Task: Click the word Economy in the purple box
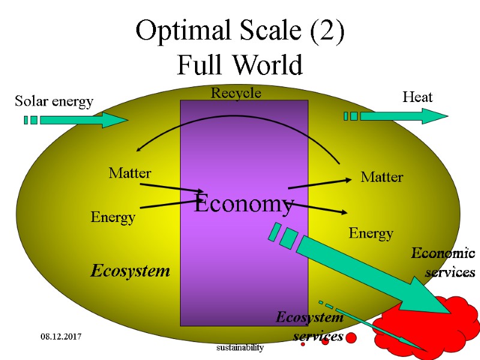point(244,203)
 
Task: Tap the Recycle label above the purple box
point(236,93)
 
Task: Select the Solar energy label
point(54,101)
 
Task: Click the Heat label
point(417,97)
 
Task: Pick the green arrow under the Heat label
point(402,116)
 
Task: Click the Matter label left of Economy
point(130,173)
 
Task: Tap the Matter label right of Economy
point(382,177)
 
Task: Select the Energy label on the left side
point(113,217)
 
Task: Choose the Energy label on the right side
point(371,233)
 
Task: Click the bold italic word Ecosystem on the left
point(130,271)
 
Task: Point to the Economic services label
point(444,263)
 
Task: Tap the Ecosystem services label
point(311,326)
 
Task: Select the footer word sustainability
point(240,348)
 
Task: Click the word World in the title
point(267,65)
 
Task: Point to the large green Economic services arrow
point(360,270)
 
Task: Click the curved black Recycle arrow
point(240,117)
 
